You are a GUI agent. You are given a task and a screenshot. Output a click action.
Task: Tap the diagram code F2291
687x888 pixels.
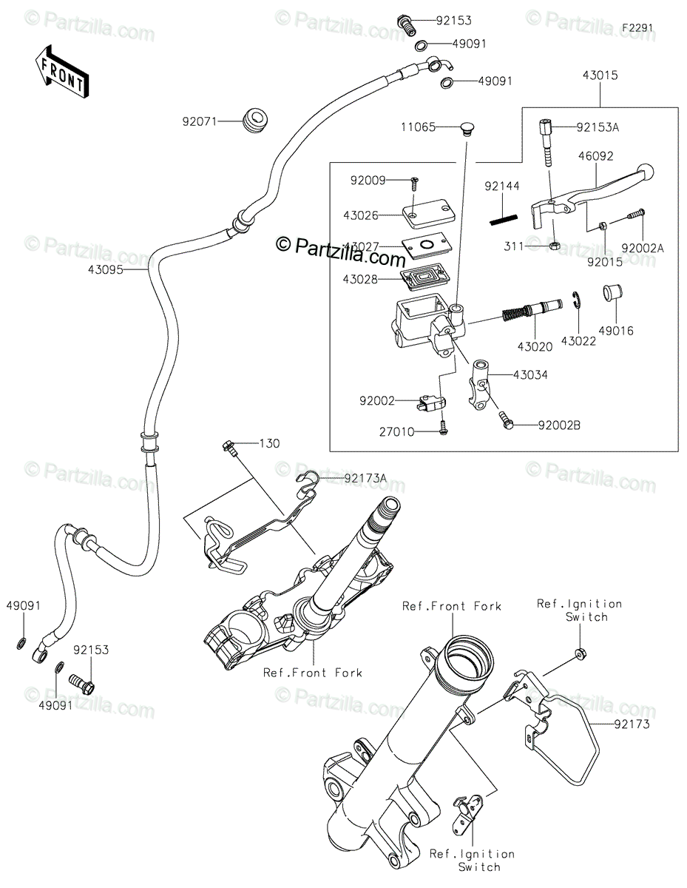pyautogui.click(x=637, y=28)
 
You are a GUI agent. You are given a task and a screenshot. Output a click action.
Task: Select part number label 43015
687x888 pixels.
pyautogui.click(x=600, y=75)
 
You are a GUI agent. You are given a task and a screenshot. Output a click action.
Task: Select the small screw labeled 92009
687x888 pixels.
pyautogui.click(x=413, y=180)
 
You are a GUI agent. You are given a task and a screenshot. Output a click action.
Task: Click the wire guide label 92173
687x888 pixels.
pyautogui.click(x=631, y=724)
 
